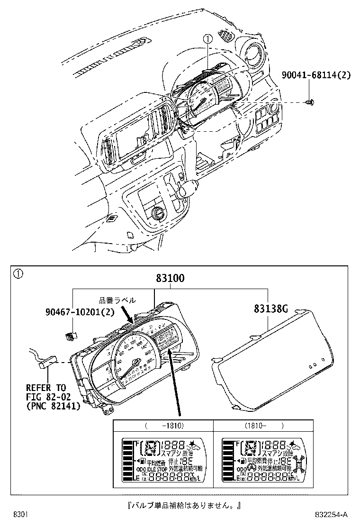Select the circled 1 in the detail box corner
click(x=17, y=273)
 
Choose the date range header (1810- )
click(x=264, y=425)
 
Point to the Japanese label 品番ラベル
click(x=117, y=300)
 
